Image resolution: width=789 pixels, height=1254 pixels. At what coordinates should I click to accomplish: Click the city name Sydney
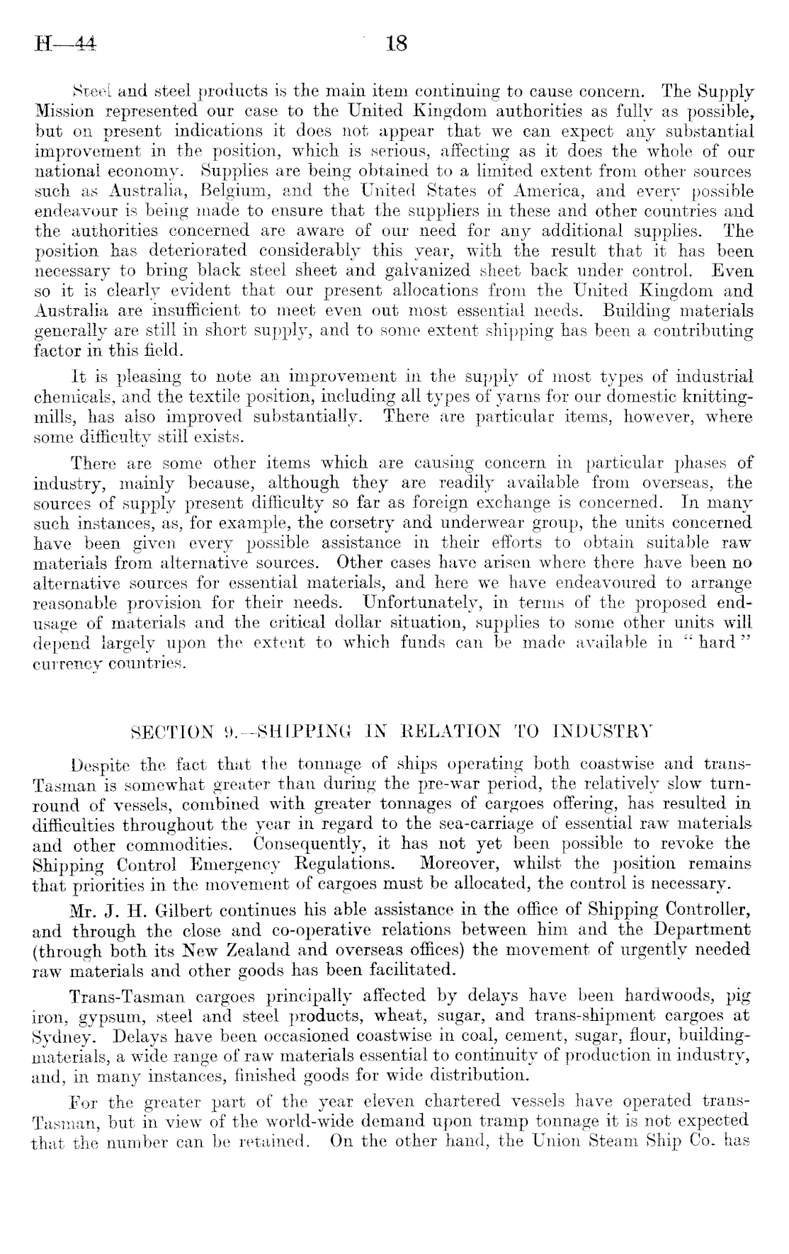pyautogui.click(x=61, y=1034)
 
